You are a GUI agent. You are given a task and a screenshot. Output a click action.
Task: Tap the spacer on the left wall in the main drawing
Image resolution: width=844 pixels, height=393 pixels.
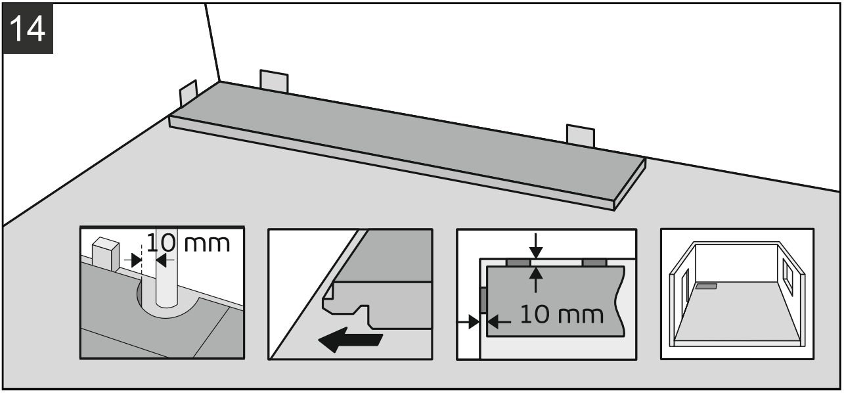coord(188,95)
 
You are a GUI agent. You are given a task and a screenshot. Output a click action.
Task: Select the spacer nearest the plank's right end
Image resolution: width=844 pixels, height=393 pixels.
coord(580,137)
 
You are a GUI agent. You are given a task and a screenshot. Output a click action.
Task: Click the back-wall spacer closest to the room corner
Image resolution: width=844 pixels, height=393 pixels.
coord(274,80)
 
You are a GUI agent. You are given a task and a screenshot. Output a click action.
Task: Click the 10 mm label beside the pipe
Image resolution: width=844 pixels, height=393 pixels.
coord(188,244)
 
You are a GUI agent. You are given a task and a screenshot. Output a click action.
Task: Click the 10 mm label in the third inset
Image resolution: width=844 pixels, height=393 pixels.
coord(560,315)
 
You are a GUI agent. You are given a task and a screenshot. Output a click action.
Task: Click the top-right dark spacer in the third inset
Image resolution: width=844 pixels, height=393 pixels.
coord(594,262)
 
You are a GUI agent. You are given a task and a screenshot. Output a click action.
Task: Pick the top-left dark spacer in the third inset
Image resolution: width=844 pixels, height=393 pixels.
coord(518,262)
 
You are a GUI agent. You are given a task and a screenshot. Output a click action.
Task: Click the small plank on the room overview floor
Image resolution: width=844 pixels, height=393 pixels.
coord(706,287)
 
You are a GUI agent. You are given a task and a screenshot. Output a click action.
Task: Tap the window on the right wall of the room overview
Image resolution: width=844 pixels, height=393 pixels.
coord(788,277)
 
